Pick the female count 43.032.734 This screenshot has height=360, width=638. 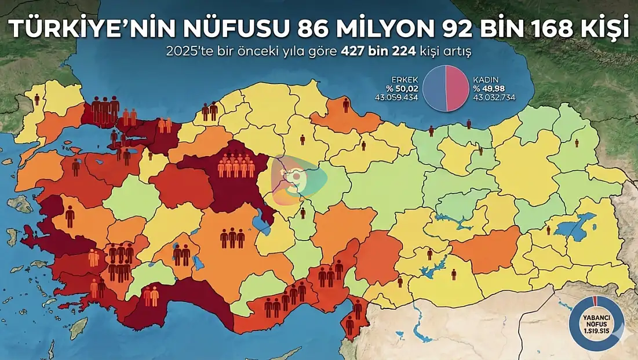[x=494, y=97]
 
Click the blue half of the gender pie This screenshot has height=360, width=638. [x=434, y=88]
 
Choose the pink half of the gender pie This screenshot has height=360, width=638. [x=457, y=88]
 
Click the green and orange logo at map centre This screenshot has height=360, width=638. [x=296, y=176]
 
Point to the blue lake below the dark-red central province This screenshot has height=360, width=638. [x=261, y=221]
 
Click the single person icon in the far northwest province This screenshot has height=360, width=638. [x=37, y=99]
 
